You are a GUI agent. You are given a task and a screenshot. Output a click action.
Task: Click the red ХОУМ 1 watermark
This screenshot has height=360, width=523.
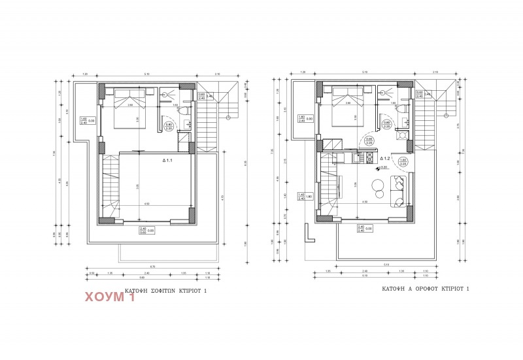coord(110,298)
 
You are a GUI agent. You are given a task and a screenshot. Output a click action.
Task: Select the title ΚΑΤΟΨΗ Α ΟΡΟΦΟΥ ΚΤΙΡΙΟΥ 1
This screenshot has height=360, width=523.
coord(426,288)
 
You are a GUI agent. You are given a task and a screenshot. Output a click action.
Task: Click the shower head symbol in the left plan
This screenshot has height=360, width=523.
coord(164,93)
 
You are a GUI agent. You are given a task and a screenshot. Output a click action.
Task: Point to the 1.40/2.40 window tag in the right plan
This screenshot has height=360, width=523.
coord(302,195)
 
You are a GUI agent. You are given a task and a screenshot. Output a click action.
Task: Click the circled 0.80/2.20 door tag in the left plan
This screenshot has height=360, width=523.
coord(168,127)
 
